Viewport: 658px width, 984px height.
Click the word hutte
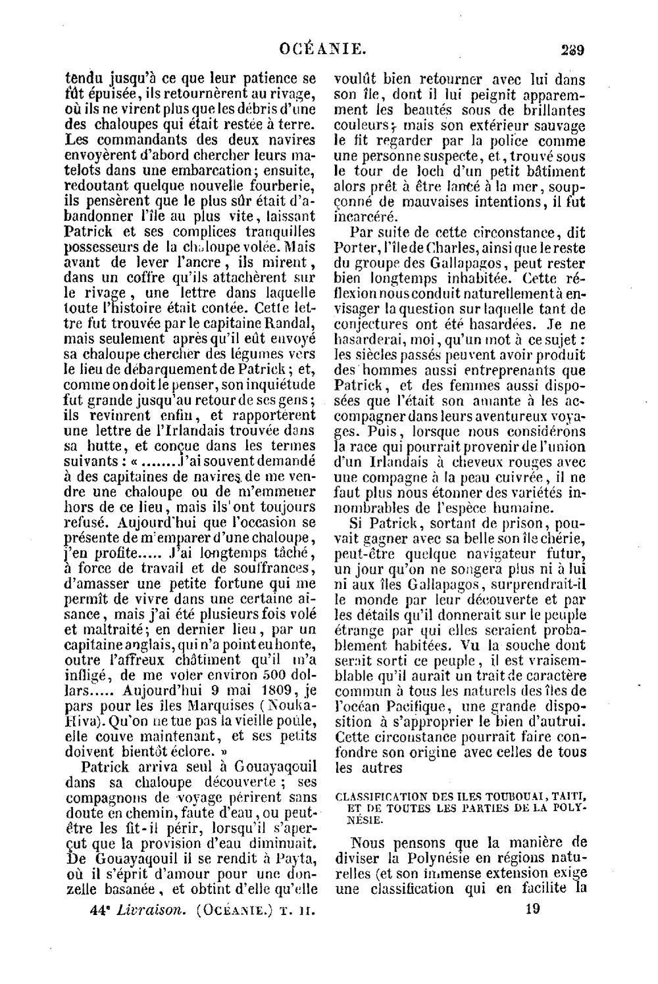(97, 448)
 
